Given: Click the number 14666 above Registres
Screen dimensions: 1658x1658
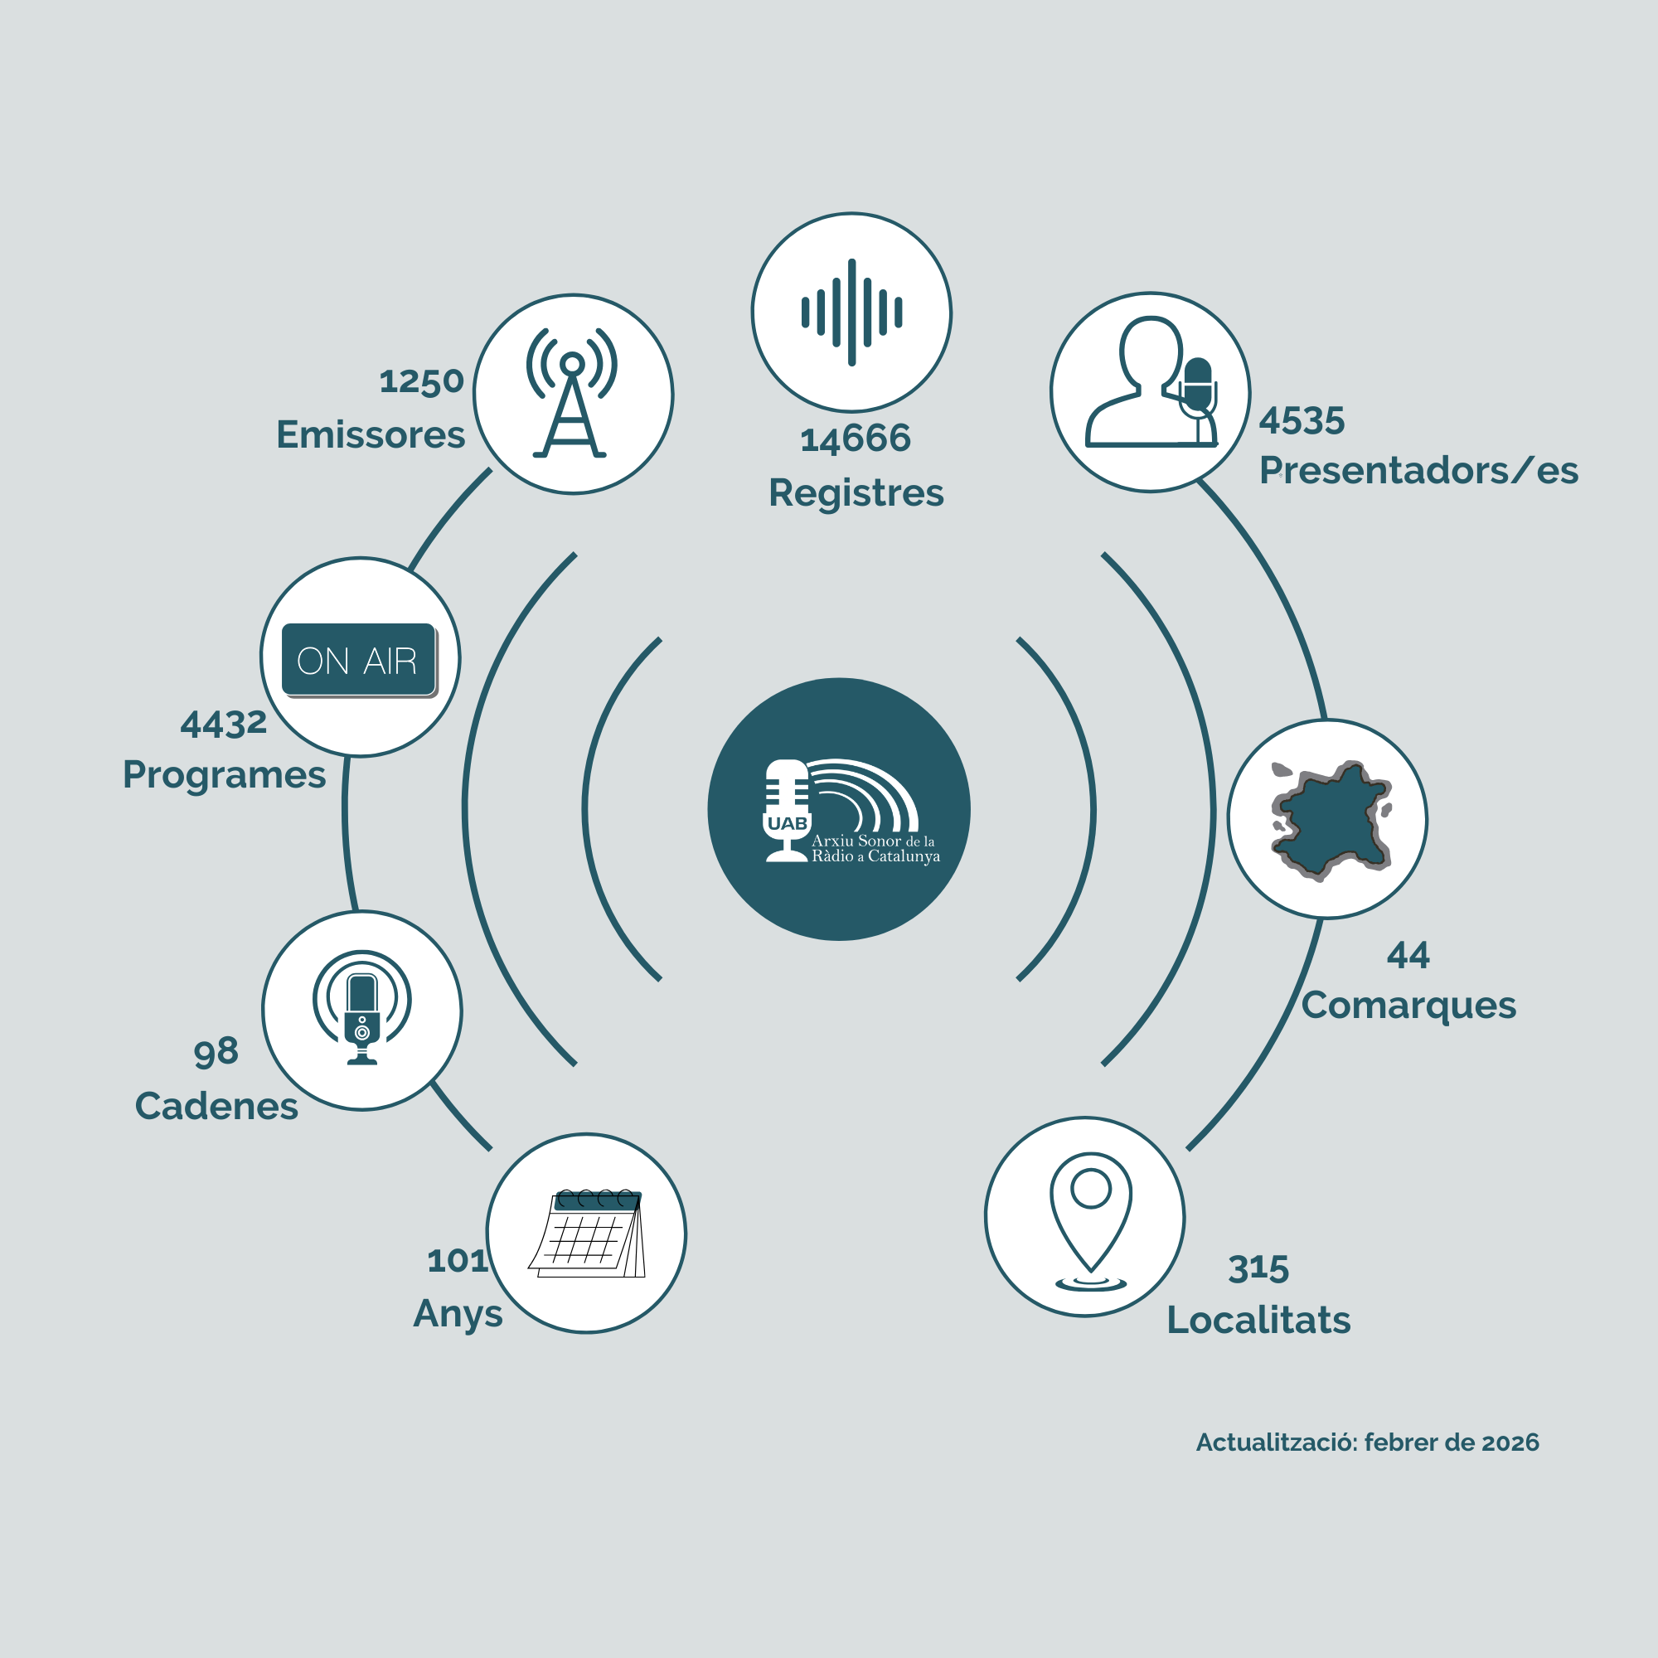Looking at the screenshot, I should point(855,439).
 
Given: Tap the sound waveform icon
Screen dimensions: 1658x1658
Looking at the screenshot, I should point(851,313).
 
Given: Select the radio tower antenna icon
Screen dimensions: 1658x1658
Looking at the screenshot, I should point(571,393).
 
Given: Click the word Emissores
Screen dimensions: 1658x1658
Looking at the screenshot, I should point(371,435).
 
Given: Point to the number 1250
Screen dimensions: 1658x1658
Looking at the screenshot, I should point(421,381).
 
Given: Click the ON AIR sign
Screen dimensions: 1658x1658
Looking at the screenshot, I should point(359,660).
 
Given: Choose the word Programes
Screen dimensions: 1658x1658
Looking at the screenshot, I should point(224,775).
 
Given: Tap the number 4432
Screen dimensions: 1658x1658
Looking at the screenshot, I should point(223,725).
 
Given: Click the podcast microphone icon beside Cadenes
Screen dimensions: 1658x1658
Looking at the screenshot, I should point(362,1007).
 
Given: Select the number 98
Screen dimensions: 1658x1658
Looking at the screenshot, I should point(216,1052).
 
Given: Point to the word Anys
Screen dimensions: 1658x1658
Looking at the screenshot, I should point(458,1314).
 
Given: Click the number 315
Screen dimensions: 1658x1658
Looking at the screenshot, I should point(1258,1269).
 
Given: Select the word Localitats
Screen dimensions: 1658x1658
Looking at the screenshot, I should point(1258,1321).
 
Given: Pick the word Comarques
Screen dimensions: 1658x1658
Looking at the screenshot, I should point(1408,1006).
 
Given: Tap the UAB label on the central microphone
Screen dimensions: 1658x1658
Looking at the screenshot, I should point(787,824).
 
